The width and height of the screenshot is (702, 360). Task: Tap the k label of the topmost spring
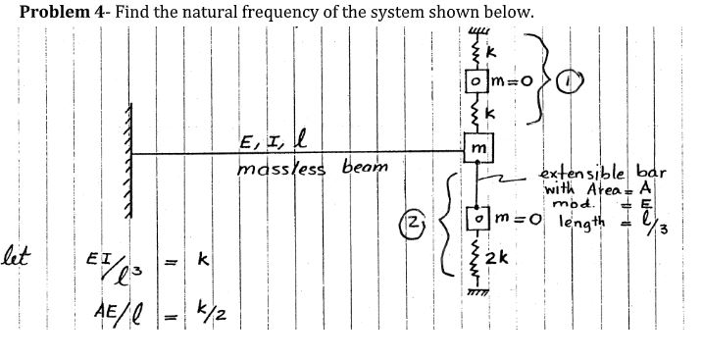click(x=491, y=48)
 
